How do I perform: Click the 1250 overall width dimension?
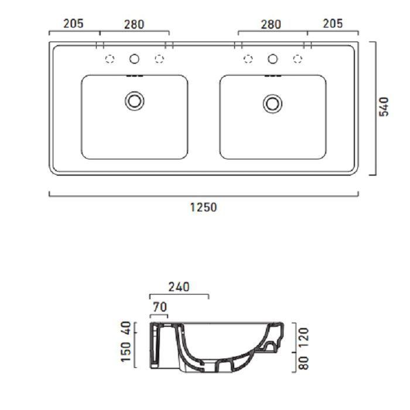[203, 207]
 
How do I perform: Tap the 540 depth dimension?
[384, 107]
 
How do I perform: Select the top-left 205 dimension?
[73, 23]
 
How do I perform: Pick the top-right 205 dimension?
[333, 23]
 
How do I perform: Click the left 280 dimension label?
[134, 25]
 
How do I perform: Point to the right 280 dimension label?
[271, 25]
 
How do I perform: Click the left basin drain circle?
[134, 101]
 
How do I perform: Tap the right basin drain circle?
[272, 104]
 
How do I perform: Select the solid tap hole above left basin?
[134, 59]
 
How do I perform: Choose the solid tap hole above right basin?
[273, 59]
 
